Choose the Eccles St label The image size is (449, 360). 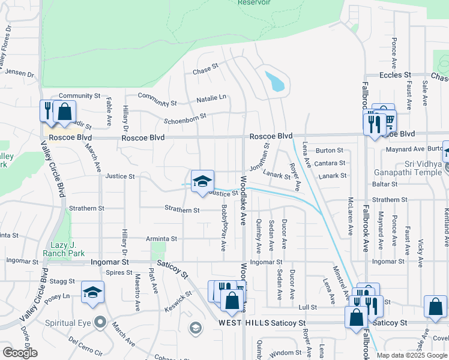pos(395,75)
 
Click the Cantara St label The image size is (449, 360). pos(330,163)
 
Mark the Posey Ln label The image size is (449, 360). pos(58,296)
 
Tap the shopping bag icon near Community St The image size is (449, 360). pos(64,111)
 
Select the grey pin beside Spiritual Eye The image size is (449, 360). pos(100,322)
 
